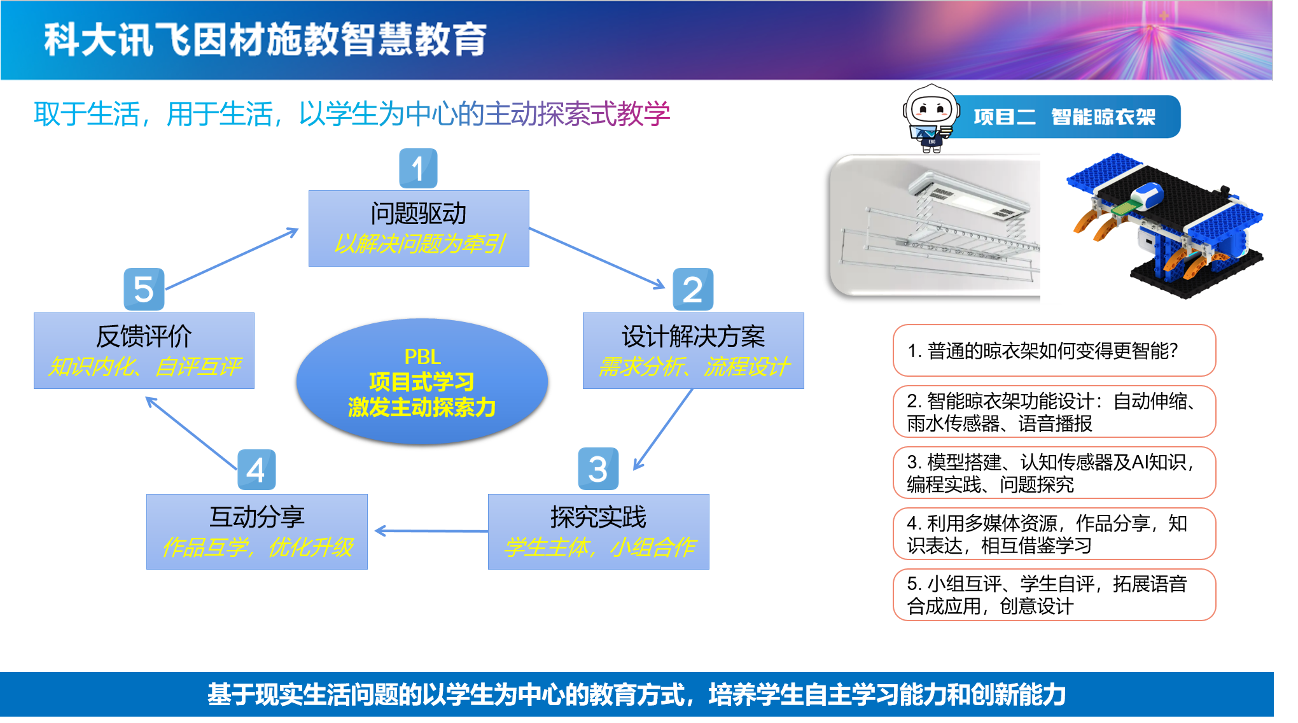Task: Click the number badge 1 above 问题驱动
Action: (x=418, y=169)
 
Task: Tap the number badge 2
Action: (x=693, y=290)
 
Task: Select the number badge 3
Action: (x=598, y=470)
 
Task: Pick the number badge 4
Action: (x=256, y=470)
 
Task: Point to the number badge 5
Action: (x=144, y=289)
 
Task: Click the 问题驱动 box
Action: (x=419, y=228)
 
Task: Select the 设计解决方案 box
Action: (x=693, y=351)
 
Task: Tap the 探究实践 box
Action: (x=598, y=531)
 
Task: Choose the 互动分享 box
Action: (x=257, y=531)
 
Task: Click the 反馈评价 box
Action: (x=144, y=351)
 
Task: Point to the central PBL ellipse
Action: (x=422, y=381)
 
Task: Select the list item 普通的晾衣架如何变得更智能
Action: (x=1054, y=351)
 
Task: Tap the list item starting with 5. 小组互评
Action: (x=1054, y=595)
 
